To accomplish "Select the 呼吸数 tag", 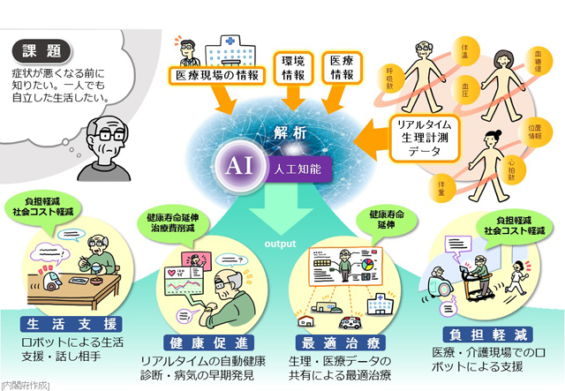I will click(389, 75).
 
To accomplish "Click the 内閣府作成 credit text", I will click(26, 384).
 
